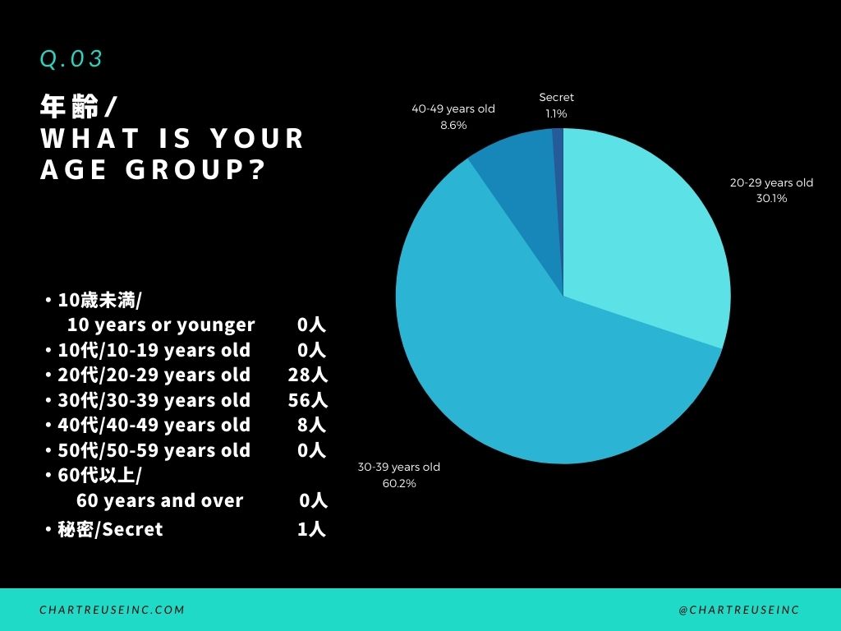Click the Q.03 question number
coord(71,59)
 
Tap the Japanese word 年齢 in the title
coord(70,107)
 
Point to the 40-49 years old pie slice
coord(513,164)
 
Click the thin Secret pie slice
coord(558,148)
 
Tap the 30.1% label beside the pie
coord(771,198)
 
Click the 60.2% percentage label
coord(398,483)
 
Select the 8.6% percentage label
coord(453,125)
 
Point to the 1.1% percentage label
coord(556,113)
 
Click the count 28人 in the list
coord(308,375)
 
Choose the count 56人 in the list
coord(308,401)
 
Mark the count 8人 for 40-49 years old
coord(312,426)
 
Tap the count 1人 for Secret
coord(312,529)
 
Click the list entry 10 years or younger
coord(161,325)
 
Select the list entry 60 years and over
coord(159,500)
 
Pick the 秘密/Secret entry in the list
coord(110,529)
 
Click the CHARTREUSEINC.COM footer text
coord(112,610)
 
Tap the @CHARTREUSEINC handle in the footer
coord(738,610)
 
